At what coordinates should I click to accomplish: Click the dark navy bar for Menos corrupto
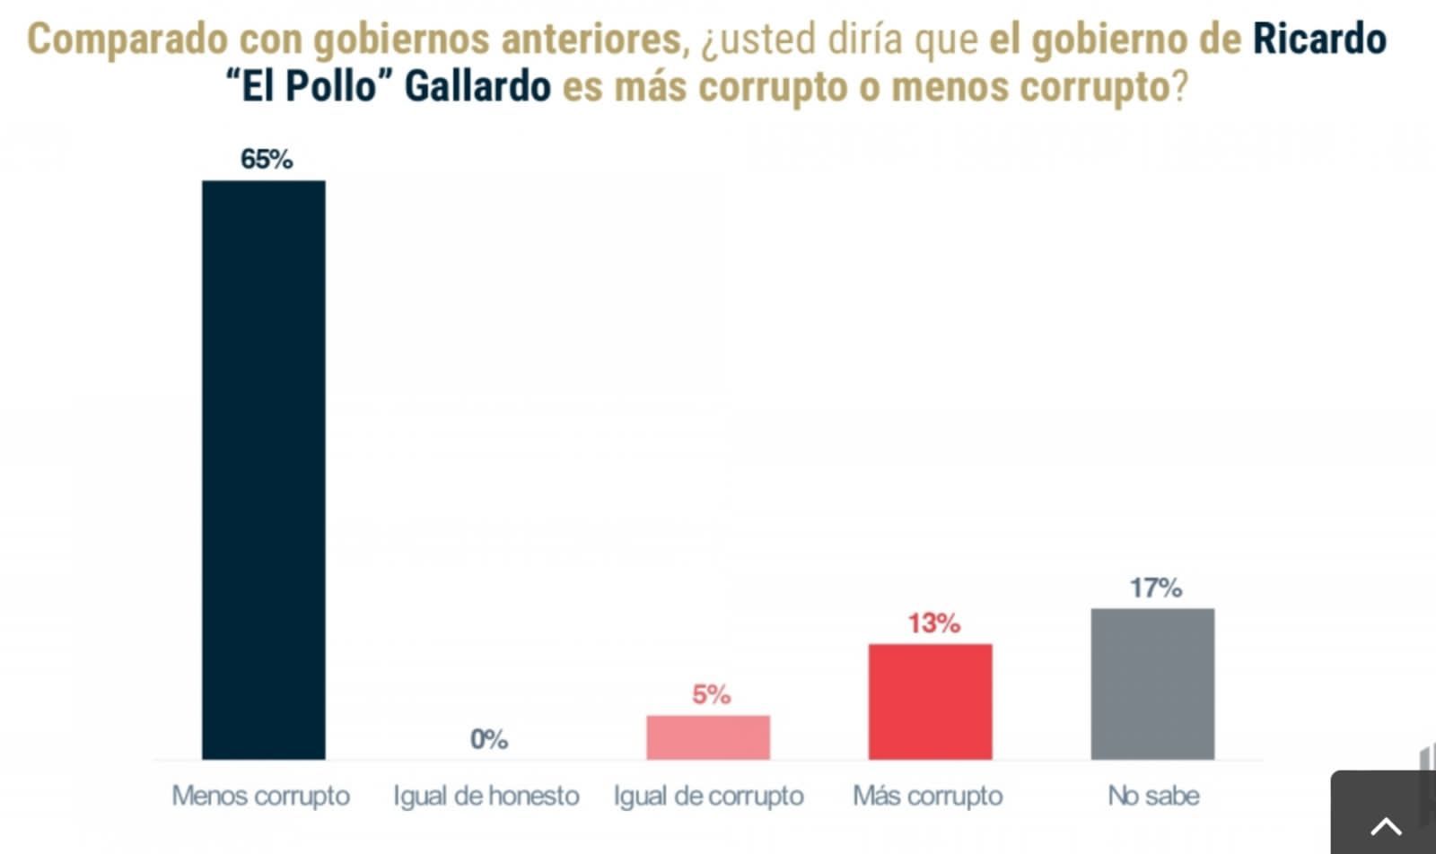(x=263, y=469)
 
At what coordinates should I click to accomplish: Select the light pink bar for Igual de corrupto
(x=708, y=736)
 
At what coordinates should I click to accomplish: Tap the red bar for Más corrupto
(x=930, y=701)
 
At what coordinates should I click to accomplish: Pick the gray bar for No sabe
(x=1152, y=684)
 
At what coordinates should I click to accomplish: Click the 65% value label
(x=267, y=160)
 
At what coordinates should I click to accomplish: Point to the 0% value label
(x=489, y=739)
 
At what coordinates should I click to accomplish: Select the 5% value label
(x=711, y=694)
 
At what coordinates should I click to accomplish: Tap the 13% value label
(x=933, y=623)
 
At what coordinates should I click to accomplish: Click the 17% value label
(x=1155, y=588)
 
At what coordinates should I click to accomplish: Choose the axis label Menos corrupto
(x=261, y=796)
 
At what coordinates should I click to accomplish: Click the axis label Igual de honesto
(x=486, y=796)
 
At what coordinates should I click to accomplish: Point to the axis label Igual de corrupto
(x=708, y=796)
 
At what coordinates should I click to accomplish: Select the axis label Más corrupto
(x=928, y=796)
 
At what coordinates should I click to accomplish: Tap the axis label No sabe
(x=1153, y=796)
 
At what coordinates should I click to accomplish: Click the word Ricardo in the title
(x=1319, y=39)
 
